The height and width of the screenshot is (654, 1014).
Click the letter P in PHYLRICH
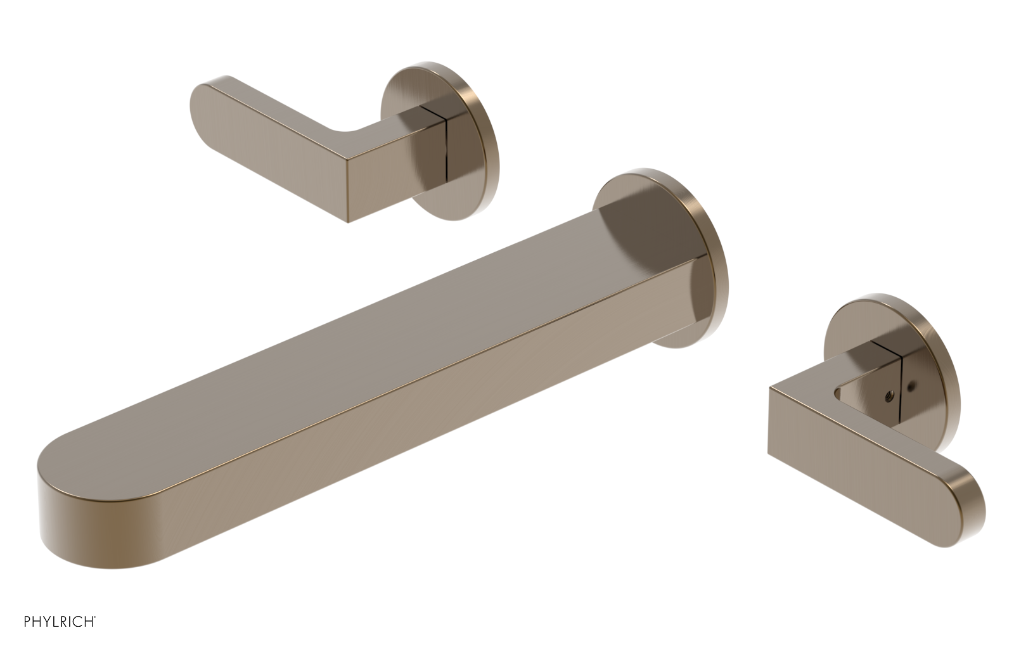(27, 622)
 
